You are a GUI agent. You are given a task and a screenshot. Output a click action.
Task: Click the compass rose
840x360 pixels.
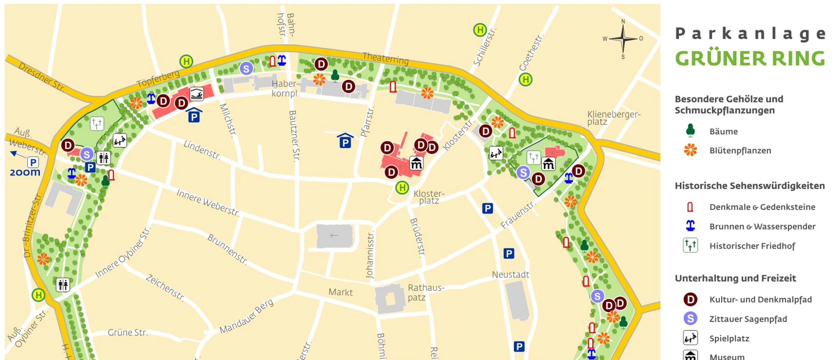[623, 39]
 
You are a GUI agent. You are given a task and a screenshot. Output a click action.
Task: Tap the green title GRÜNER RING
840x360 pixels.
[750, 58]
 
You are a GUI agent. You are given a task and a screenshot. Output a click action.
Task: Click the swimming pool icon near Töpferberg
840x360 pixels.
[197, 94]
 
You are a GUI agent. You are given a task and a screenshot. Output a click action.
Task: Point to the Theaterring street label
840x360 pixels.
[385, 58]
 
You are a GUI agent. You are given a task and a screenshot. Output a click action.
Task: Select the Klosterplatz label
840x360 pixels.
[429, 197]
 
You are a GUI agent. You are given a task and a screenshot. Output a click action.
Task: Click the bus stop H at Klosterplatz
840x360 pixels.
[402, 188]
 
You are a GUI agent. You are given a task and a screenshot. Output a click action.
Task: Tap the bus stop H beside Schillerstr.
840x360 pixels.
[480, 30]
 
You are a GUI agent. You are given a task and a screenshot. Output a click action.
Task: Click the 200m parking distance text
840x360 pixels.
[25, 172]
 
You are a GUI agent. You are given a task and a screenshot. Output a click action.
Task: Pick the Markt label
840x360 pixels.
[341, 292]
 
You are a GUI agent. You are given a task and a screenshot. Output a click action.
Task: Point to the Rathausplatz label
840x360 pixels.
[426, 292]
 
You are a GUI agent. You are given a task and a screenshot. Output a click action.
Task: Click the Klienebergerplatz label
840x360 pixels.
[614, 118]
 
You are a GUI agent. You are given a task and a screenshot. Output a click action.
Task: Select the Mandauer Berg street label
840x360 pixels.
[246, 317]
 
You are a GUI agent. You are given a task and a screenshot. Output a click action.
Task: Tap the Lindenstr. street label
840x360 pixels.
[202, 150]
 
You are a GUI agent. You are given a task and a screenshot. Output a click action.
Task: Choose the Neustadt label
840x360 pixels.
[510, 275]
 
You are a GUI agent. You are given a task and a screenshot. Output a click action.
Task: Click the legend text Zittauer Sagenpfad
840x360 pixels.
[748, 319]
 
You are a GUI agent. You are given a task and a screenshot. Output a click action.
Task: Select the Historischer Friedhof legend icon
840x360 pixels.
[690, 245]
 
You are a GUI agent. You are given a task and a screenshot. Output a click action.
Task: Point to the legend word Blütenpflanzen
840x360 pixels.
[740, 151]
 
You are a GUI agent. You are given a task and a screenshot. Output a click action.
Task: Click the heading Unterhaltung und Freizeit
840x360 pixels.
[735, 278]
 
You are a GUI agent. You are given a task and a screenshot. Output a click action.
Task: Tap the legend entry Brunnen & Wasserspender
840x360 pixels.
[762, 227]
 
